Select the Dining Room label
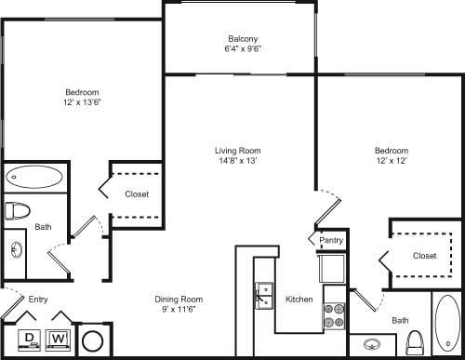tap(179, 299)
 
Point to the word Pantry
tap(331, 241)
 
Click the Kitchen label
tap(299, 300)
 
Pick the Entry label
tap(38, 300)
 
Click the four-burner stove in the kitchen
tap(334, 317)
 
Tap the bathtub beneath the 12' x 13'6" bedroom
tap(34, 176)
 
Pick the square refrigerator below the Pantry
tap(331, 271)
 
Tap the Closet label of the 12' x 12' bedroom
tap(424, 255)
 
